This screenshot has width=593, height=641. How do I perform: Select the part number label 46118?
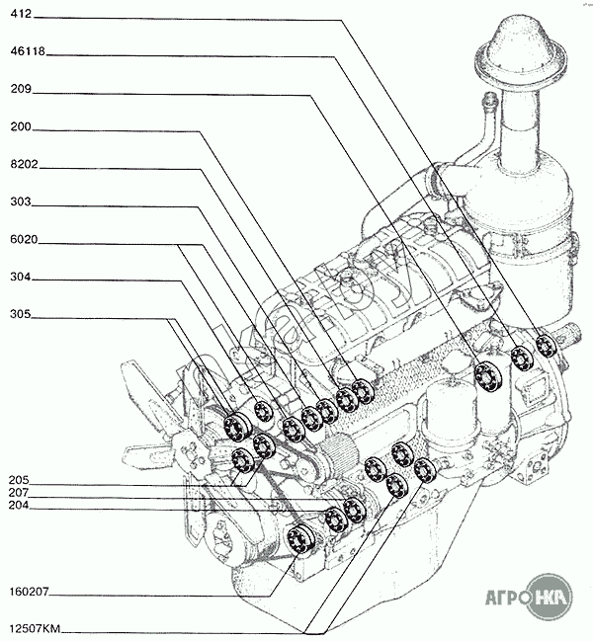tap(28, 51)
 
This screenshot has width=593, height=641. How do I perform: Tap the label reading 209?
tap(22, 89)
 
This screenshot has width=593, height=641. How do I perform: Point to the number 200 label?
tap(22, 127)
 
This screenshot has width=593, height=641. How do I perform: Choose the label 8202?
tap(25, 165)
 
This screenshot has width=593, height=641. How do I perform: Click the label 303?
tap(22, 201)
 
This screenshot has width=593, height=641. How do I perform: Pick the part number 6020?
tap(25, 240)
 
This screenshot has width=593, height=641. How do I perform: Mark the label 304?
tap(22, 278)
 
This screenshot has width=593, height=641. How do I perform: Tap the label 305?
tap(22, 315)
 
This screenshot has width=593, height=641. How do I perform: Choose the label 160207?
tap(31, 594)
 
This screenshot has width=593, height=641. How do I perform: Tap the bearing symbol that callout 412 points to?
tap(545, 346)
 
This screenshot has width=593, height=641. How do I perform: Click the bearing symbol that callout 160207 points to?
tap(298, 539)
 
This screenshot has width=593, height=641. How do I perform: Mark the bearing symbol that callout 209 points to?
tap(485, 375)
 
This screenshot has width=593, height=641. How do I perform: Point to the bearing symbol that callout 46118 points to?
tap(521, 358)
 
